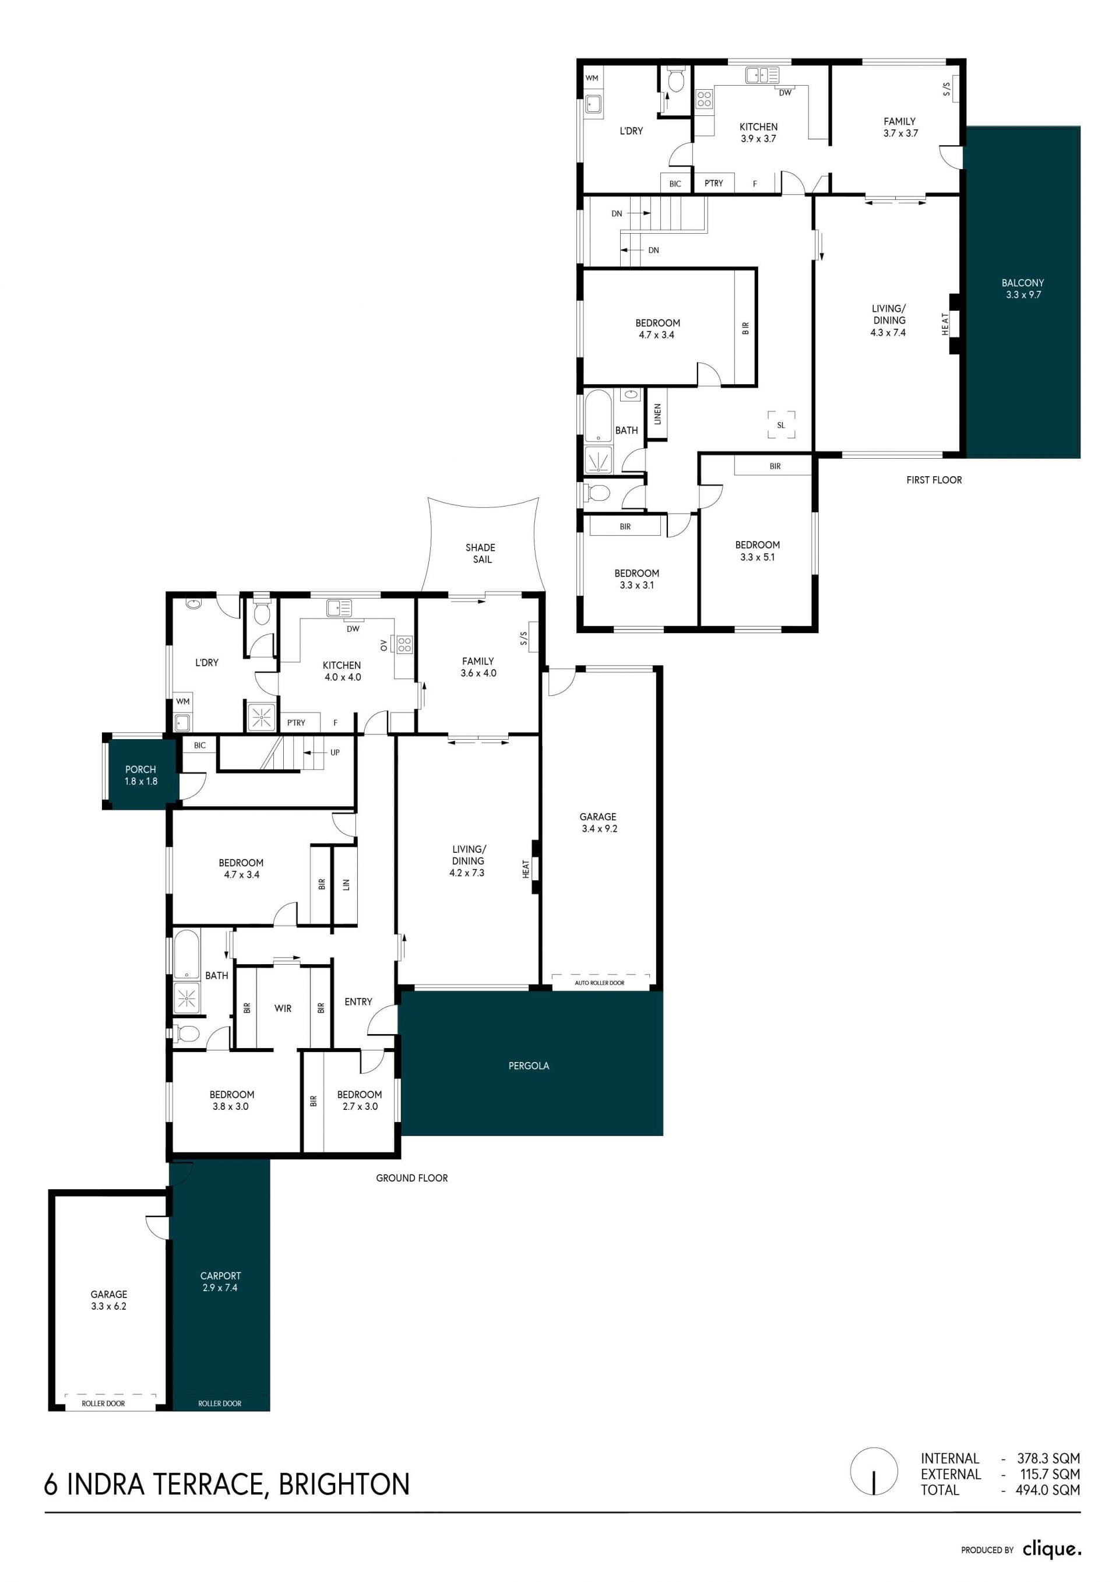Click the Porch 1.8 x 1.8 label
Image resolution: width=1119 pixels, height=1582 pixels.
point(140,775)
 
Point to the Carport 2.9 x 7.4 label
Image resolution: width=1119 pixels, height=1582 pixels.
point(220,1282)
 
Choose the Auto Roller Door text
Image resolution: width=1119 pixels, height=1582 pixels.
point(600,983)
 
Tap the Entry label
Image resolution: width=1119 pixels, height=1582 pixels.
point(358,1001)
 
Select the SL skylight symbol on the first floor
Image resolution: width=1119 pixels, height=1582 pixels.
point(782,424)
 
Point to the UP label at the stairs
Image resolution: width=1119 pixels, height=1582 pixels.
point(335,753)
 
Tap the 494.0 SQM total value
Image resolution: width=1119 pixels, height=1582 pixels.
point(1047,1490)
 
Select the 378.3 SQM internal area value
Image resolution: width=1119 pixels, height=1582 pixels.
point(1048,1458)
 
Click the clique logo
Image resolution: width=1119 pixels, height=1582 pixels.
point(1051,1549)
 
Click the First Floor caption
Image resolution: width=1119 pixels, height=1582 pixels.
point(934,480)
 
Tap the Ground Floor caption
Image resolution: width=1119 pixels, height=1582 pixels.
point(411,1177)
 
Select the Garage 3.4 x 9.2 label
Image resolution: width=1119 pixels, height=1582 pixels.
point(598,822)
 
